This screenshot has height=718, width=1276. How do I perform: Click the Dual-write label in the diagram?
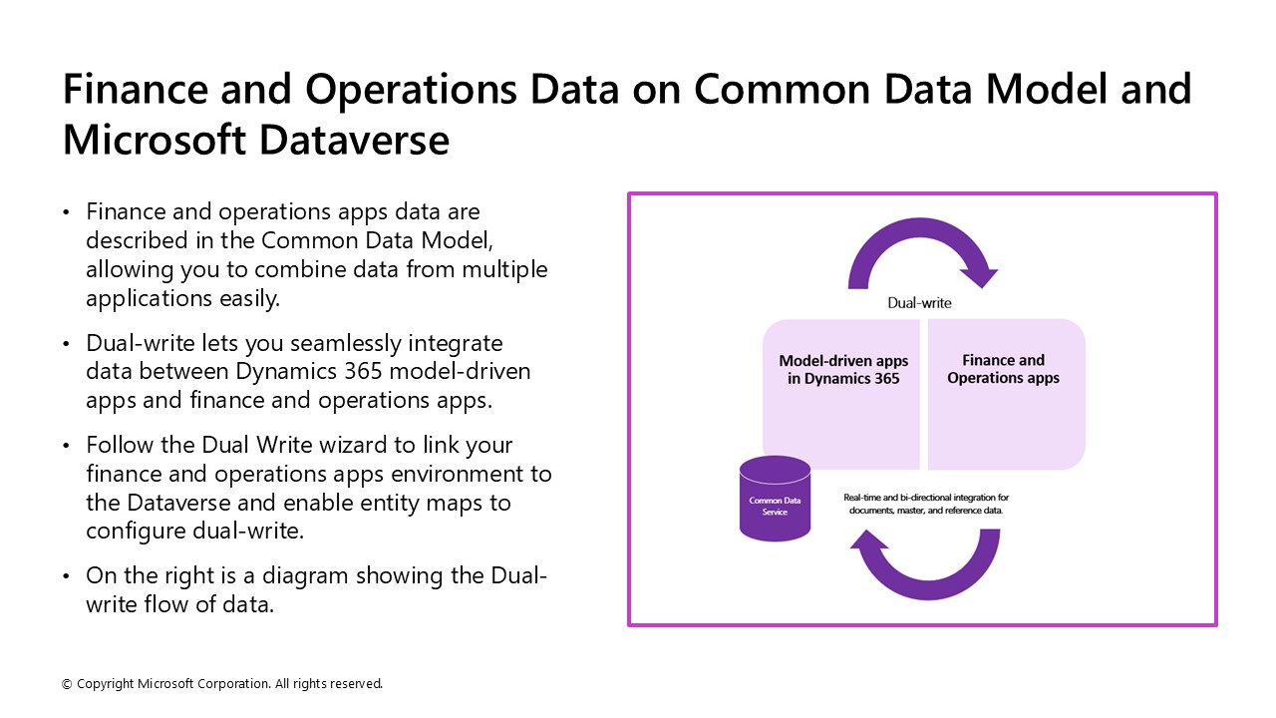tap(919, 302)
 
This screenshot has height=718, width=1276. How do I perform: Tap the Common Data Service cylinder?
tap(775, 499)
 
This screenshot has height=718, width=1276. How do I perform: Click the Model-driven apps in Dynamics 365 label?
tap(838, 370)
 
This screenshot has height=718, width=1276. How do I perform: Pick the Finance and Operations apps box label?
tap(1003, 369)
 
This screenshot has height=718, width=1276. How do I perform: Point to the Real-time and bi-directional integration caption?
tap(926, 504)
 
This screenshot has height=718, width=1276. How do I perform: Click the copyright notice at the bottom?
tap(222, 684)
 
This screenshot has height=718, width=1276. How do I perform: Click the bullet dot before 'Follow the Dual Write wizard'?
tap(67, 446)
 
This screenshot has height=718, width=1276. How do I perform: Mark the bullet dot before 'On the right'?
tap(67, 576)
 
